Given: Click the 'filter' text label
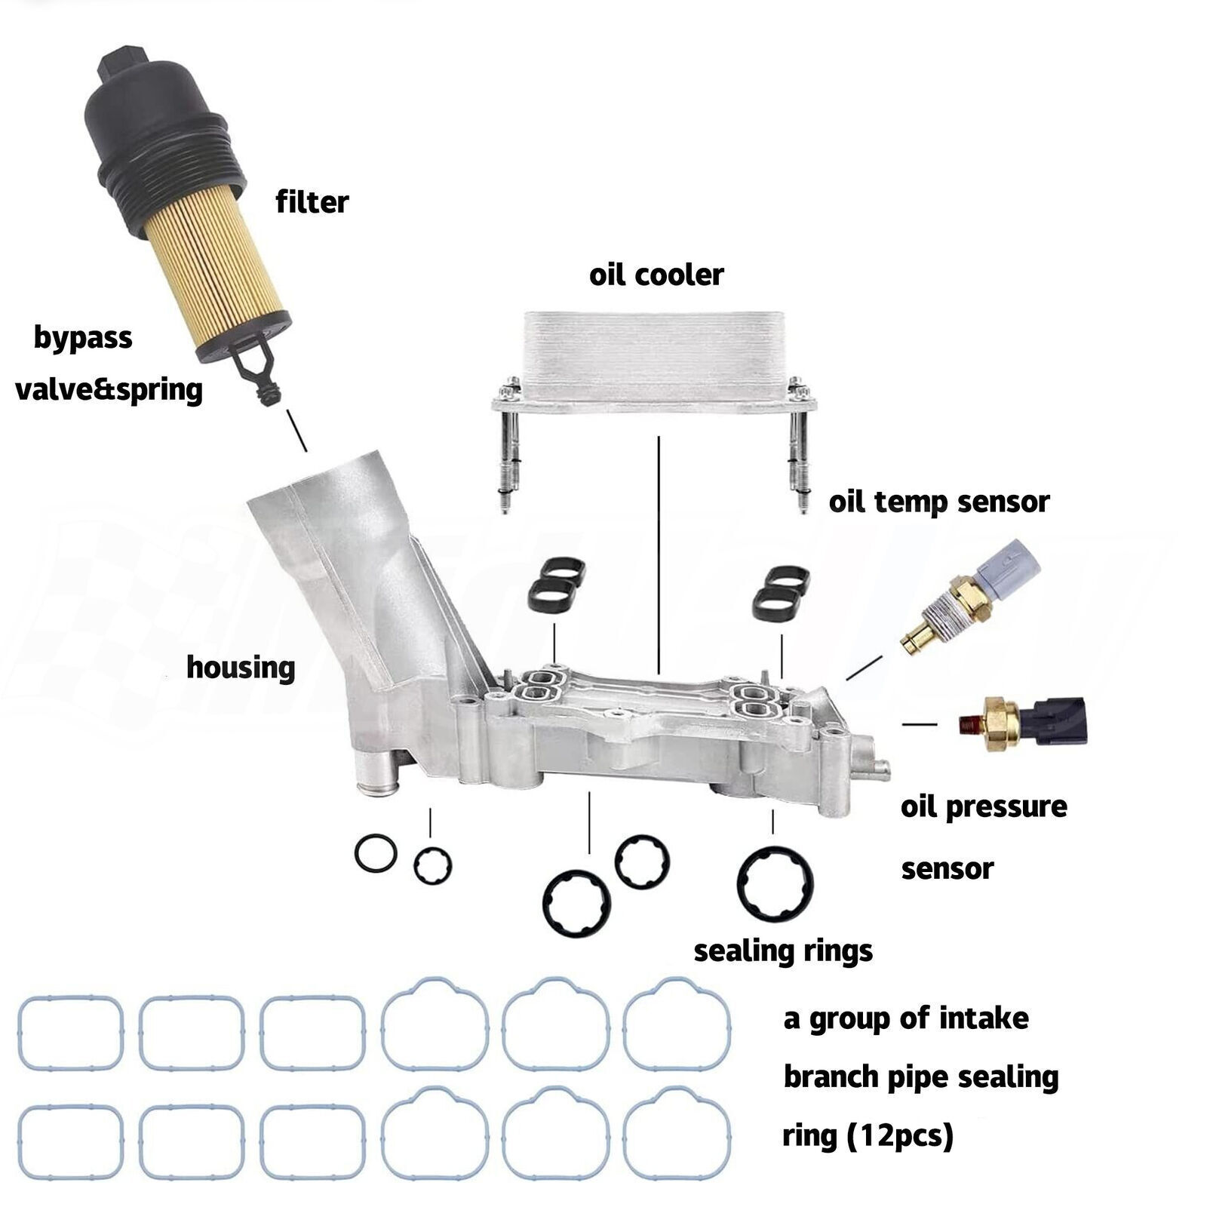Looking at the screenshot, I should pos(312,202).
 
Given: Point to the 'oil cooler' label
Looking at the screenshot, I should pos(656,275).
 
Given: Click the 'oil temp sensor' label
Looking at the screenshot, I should pos(938,502).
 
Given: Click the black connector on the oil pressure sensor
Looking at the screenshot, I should pos(1061,720).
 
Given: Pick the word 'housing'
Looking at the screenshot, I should pos(240,668).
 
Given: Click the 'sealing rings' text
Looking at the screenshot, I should pos(782,951).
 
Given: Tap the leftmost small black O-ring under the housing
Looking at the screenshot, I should pos(375,854).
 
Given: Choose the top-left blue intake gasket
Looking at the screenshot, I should pos(70,1033).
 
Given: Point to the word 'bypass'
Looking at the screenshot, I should pos(83,337).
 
